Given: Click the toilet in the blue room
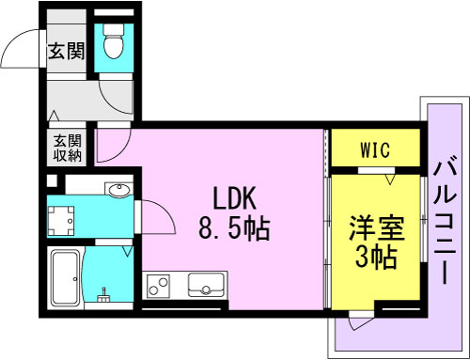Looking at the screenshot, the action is click(114, 41).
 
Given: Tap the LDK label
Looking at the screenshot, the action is click(235, 198).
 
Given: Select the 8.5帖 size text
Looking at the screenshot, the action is click(234, 228).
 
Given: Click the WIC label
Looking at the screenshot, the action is click(375, 150).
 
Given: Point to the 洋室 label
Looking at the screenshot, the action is click(377, 227).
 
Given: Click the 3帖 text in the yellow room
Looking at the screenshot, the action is click(376, 258).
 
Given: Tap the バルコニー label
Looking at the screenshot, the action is click(445, 219).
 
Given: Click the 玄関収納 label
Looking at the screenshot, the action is click(67, 148).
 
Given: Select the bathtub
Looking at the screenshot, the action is click(66, 278).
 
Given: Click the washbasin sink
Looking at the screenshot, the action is click(118, 190).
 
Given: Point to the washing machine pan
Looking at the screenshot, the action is click(61, 221).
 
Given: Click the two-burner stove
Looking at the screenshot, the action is click(158, 286).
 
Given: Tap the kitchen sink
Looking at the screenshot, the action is click(206, 285).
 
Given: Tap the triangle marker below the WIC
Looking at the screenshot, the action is click(390, 180).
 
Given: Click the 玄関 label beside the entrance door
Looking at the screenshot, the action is click(67, 51).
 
